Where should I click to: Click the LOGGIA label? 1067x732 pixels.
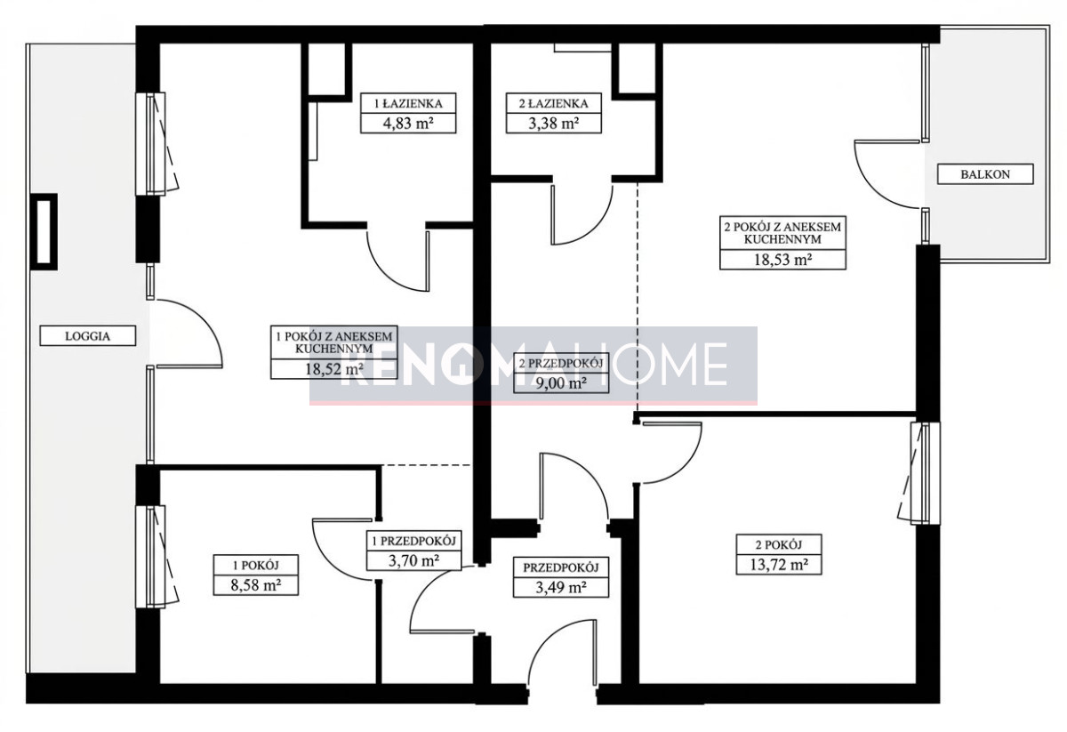[88, 336]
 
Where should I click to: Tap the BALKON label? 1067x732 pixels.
[985, 174]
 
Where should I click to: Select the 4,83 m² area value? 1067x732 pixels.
[408, 124]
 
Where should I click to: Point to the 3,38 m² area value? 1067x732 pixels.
[553, 124]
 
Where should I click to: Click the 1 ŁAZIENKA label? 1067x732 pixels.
[408, 103]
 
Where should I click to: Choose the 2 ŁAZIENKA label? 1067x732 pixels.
[553, 103]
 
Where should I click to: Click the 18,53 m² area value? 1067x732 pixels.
[782, 259]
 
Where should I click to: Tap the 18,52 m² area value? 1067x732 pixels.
[334, 369]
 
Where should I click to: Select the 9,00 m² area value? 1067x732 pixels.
[561, 382]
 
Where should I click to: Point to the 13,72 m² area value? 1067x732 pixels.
[779, 564]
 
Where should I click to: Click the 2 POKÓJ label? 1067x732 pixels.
[779, 544]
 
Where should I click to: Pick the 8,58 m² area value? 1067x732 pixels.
[256, 584]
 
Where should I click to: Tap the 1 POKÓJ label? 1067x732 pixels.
[256, 565]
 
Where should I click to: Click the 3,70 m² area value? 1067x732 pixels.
[414, 560]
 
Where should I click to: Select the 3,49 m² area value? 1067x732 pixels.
[561, 587]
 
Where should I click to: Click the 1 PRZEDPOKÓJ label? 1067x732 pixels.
[414, 541]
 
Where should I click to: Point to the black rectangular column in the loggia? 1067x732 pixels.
[44, 231]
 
